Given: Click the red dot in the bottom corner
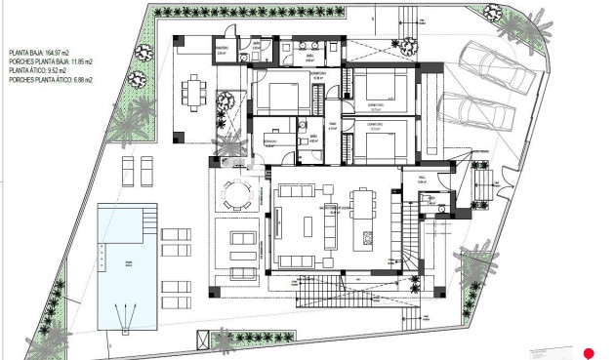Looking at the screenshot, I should click(x=589, y=352).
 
